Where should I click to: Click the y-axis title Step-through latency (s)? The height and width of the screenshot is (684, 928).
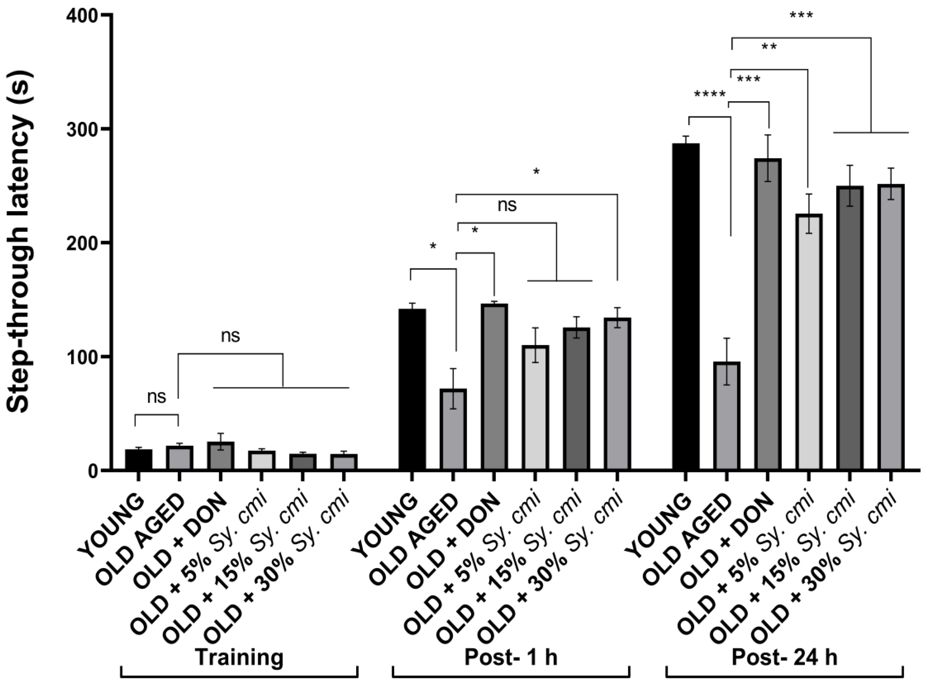(20, 242)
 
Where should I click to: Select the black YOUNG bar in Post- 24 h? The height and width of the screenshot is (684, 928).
(686, 306)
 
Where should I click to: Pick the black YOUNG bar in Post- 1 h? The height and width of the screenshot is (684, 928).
(412, 389)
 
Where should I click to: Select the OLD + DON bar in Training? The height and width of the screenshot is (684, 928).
(221, 456)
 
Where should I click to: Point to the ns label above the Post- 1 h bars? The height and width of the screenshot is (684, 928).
(507, 205)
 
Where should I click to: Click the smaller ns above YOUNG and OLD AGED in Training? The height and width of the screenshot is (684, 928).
(157, 397)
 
